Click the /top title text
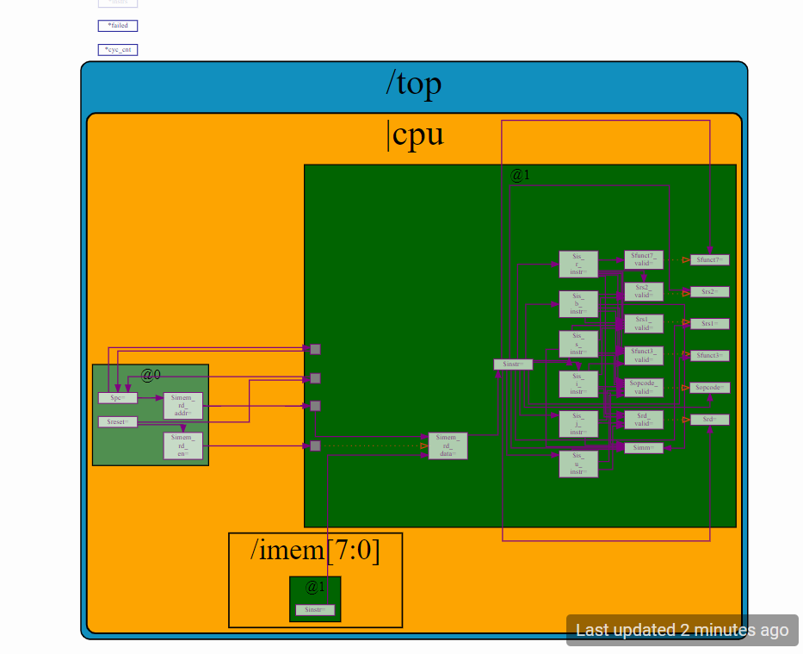413,84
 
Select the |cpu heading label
417,134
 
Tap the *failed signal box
118,26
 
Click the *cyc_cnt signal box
118,50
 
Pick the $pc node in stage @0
118,398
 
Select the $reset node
118,421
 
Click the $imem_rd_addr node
182,406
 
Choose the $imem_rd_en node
182,445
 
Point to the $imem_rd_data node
448,445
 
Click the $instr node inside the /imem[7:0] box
315,610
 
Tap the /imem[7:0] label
315,550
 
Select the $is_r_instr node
578,265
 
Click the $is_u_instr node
578,464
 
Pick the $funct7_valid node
644,259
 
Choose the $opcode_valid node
644,387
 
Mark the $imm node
644,448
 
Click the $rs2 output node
709,292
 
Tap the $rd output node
709,420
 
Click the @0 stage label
151,375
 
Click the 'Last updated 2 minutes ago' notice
682,630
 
